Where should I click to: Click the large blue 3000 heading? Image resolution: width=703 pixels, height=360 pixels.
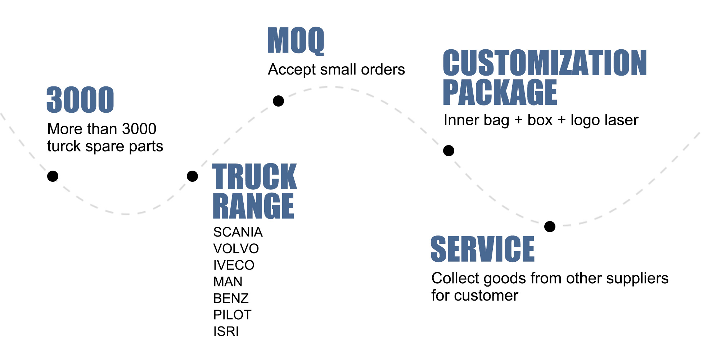[x=80, y=100]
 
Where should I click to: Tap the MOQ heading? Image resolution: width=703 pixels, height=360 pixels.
[x=296, y=41]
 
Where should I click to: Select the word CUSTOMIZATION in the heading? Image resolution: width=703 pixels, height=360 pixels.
[x=545, y=63]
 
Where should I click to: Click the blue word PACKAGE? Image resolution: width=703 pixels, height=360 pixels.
[x=500, y=93]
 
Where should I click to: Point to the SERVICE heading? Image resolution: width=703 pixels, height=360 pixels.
[x=482, y=249]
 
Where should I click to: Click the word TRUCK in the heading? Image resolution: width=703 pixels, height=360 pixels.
[x=254, y=176]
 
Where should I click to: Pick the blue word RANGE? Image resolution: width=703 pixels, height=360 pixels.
[x=253, y=206]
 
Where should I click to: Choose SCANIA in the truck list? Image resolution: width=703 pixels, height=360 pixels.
[x=238, y=232]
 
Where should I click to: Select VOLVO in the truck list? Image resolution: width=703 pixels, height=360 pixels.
[x=236, y=249]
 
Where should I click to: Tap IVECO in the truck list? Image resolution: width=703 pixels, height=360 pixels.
[x=234, y=265]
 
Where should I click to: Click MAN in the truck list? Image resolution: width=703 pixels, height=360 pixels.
[x=228, y=282]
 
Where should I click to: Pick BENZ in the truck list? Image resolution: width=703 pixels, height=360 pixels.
[x=231, y=298]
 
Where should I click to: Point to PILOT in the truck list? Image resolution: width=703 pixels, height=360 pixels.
[x=232, y=315]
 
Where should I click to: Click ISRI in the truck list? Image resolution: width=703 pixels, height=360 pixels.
[x=226, y=332]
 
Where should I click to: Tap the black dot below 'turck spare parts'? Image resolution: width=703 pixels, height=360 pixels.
[x=53, y=176]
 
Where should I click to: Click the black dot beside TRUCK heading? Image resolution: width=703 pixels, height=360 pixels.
[x=193, y=176]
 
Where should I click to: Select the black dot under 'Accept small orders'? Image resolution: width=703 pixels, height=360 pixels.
[x=278, y=101]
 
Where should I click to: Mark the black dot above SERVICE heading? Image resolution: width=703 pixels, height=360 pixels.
[x=550, y=226]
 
